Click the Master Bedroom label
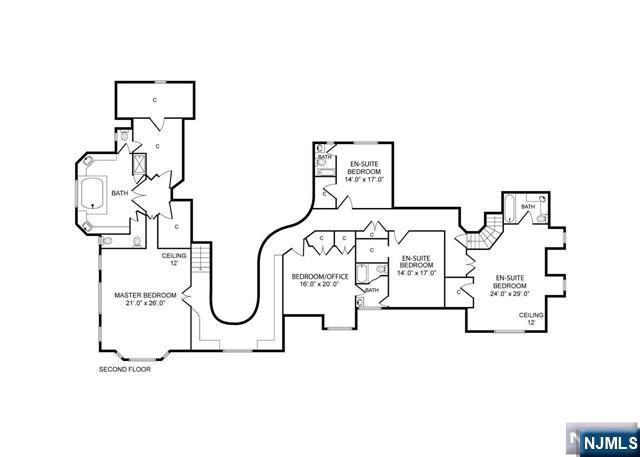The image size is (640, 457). click(x=145, y=295)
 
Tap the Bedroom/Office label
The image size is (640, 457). click(x=320, y=277)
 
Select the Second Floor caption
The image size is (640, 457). click(x=125, y=369)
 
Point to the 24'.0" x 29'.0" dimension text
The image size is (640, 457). click(x=510, y=293)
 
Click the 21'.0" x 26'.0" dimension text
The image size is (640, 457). click(x=145, y=303)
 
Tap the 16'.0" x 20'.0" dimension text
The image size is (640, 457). click(x=320, y=284)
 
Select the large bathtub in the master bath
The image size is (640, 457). click(x=93, y=193)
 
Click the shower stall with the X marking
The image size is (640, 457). click(x=140, y=164)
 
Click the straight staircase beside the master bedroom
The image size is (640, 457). click(x=201, y=257)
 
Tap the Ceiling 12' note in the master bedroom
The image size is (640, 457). click(x=174, y=260)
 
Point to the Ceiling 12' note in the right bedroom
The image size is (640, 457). click(x=531, y=319)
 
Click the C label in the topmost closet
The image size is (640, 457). click(x=155, y=100)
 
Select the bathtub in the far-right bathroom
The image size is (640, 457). click(x=509, y=209)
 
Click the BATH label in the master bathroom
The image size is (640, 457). click(x=120, y=193)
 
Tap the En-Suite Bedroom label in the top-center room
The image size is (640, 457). click(x=364, y=168)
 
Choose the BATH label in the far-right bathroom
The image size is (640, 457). click(x=528, y=207)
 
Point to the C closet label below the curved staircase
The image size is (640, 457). click(x=459, y=292)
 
